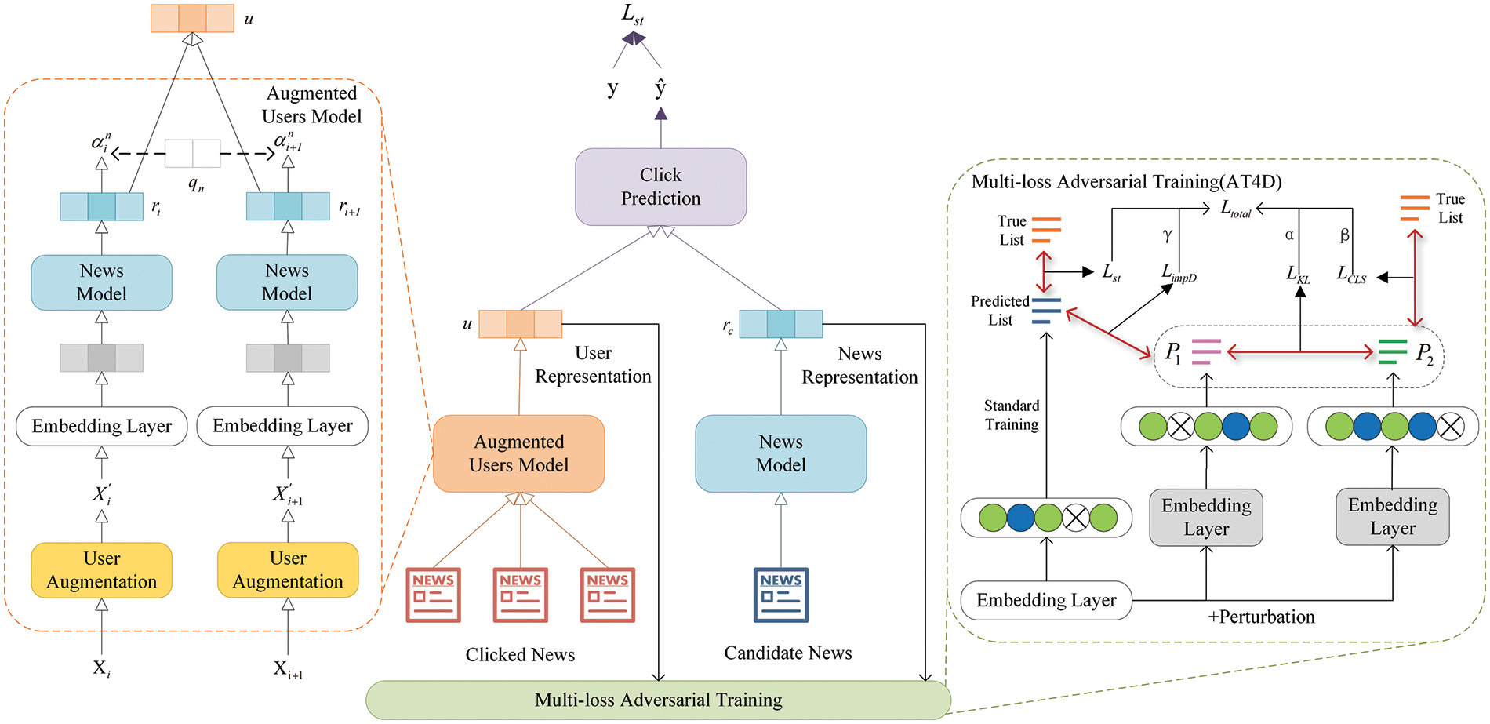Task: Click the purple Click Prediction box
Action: point(660,187)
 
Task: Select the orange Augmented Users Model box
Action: point(518,453)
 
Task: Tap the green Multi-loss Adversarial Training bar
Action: point(658,700)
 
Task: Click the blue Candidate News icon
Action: point(780,595)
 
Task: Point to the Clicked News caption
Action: point(520,655)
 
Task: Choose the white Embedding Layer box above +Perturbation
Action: point(1046,601)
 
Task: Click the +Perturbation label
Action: point(1261,617)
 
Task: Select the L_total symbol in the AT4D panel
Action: point(1235,209)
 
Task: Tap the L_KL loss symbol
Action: point(1298,274)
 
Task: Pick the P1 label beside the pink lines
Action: point(1172,352)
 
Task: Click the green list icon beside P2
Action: point(1393,351)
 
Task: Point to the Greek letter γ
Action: point(1167,235)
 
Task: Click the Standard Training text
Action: point(1012,415)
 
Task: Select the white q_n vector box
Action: point(193,154)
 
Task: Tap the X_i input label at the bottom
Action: point(102,668)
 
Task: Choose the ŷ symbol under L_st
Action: point(660,88)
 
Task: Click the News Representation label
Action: point(859,366)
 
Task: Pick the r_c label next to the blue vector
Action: point(728,326)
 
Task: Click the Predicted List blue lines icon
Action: point(1046,311)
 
